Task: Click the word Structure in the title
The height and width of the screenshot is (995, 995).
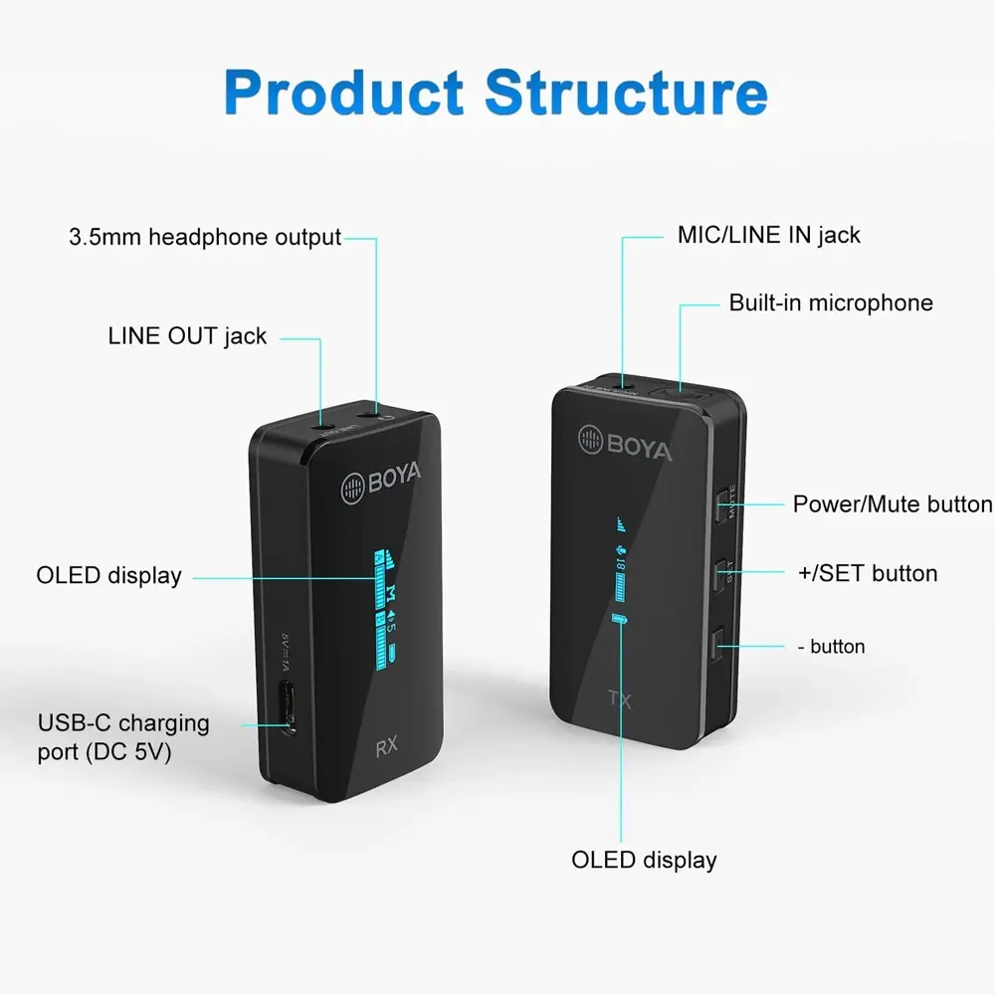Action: pos(626,92)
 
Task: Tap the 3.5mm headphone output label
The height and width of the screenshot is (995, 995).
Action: pos(205,238)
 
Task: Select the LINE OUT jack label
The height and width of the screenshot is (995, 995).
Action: pos(187,336)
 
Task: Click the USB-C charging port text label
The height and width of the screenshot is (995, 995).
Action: pos(123,737)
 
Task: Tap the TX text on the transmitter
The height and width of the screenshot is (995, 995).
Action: pos(619,699)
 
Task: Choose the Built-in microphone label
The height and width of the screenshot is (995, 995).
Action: pos(831,303)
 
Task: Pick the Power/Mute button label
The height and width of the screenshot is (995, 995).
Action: pos(892,504)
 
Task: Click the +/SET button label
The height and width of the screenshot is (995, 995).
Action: pos(867,574)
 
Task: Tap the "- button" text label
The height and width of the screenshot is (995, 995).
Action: pos(831,647)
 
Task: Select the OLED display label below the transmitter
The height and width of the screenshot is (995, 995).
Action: pos(644,860)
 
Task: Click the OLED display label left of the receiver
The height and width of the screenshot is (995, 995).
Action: pos(109,575)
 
